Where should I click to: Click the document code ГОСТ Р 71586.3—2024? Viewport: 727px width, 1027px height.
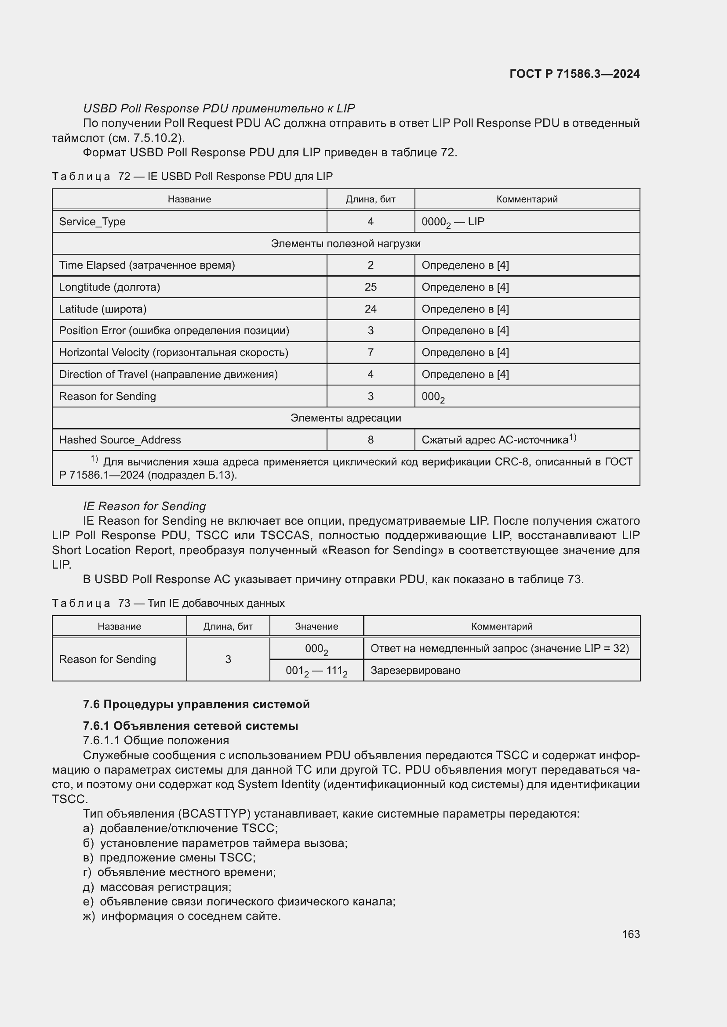pos(574,74)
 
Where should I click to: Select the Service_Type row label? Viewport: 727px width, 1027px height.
pos(92,221)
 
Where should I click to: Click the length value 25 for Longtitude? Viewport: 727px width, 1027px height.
pos(370,287)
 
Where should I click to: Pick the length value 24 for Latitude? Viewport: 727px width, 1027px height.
pos(370,309)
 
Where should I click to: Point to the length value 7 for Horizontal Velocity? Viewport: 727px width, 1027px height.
pos(370,353)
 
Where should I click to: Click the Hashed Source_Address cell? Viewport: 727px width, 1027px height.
pos(120,440)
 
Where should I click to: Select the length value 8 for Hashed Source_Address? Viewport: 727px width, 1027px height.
pos(370,440)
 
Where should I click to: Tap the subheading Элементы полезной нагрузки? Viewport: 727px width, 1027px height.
pos(345,244)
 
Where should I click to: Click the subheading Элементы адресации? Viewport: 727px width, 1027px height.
pos(345,418)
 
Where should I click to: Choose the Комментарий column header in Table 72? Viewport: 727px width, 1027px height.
pos(527,199)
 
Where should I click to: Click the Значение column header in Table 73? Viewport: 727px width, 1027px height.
pos(316,627)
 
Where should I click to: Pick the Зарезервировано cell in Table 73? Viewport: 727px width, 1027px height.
pos(415,670)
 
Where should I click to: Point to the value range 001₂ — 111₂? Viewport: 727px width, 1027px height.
pos(316,671)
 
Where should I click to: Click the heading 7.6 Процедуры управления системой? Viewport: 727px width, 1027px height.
pos(196,704)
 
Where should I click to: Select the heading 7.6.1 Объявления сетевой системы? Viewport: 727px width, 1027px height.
pos(190,726)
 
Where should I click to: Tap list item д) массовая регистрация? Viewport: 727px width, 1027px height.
pos(157,887)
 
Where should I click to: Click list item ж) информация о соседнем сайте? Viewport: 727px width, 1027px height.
pos(182,916)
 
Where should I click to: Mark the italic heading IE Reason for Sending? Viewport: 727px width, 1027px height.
pos(144,506)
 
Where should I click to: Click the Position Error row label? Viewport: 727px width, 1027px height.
pos(174,331)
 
